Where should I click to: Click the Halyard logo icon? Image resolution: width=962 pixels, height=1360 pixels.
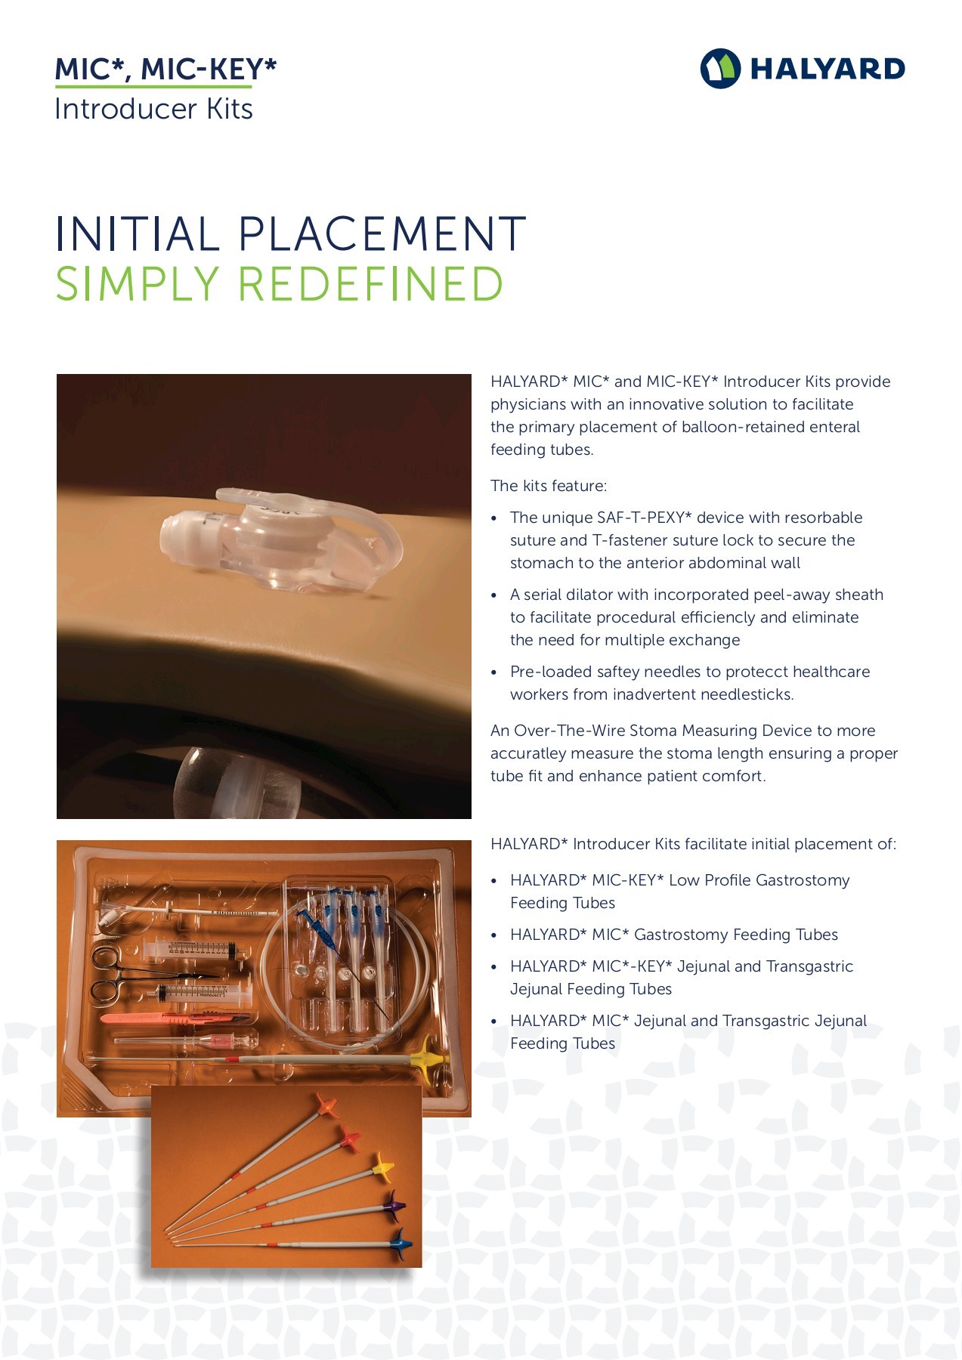pos(720,69)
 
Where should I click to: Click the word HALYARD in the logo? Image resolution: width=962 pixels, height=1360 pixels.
pos(827,70)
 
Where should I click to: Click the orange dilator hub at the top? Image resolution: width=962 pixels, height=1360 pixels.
pos(326,1105)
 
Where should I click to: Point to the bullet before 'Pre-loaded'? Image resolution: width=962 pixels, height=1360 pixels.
pos(494,672)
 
